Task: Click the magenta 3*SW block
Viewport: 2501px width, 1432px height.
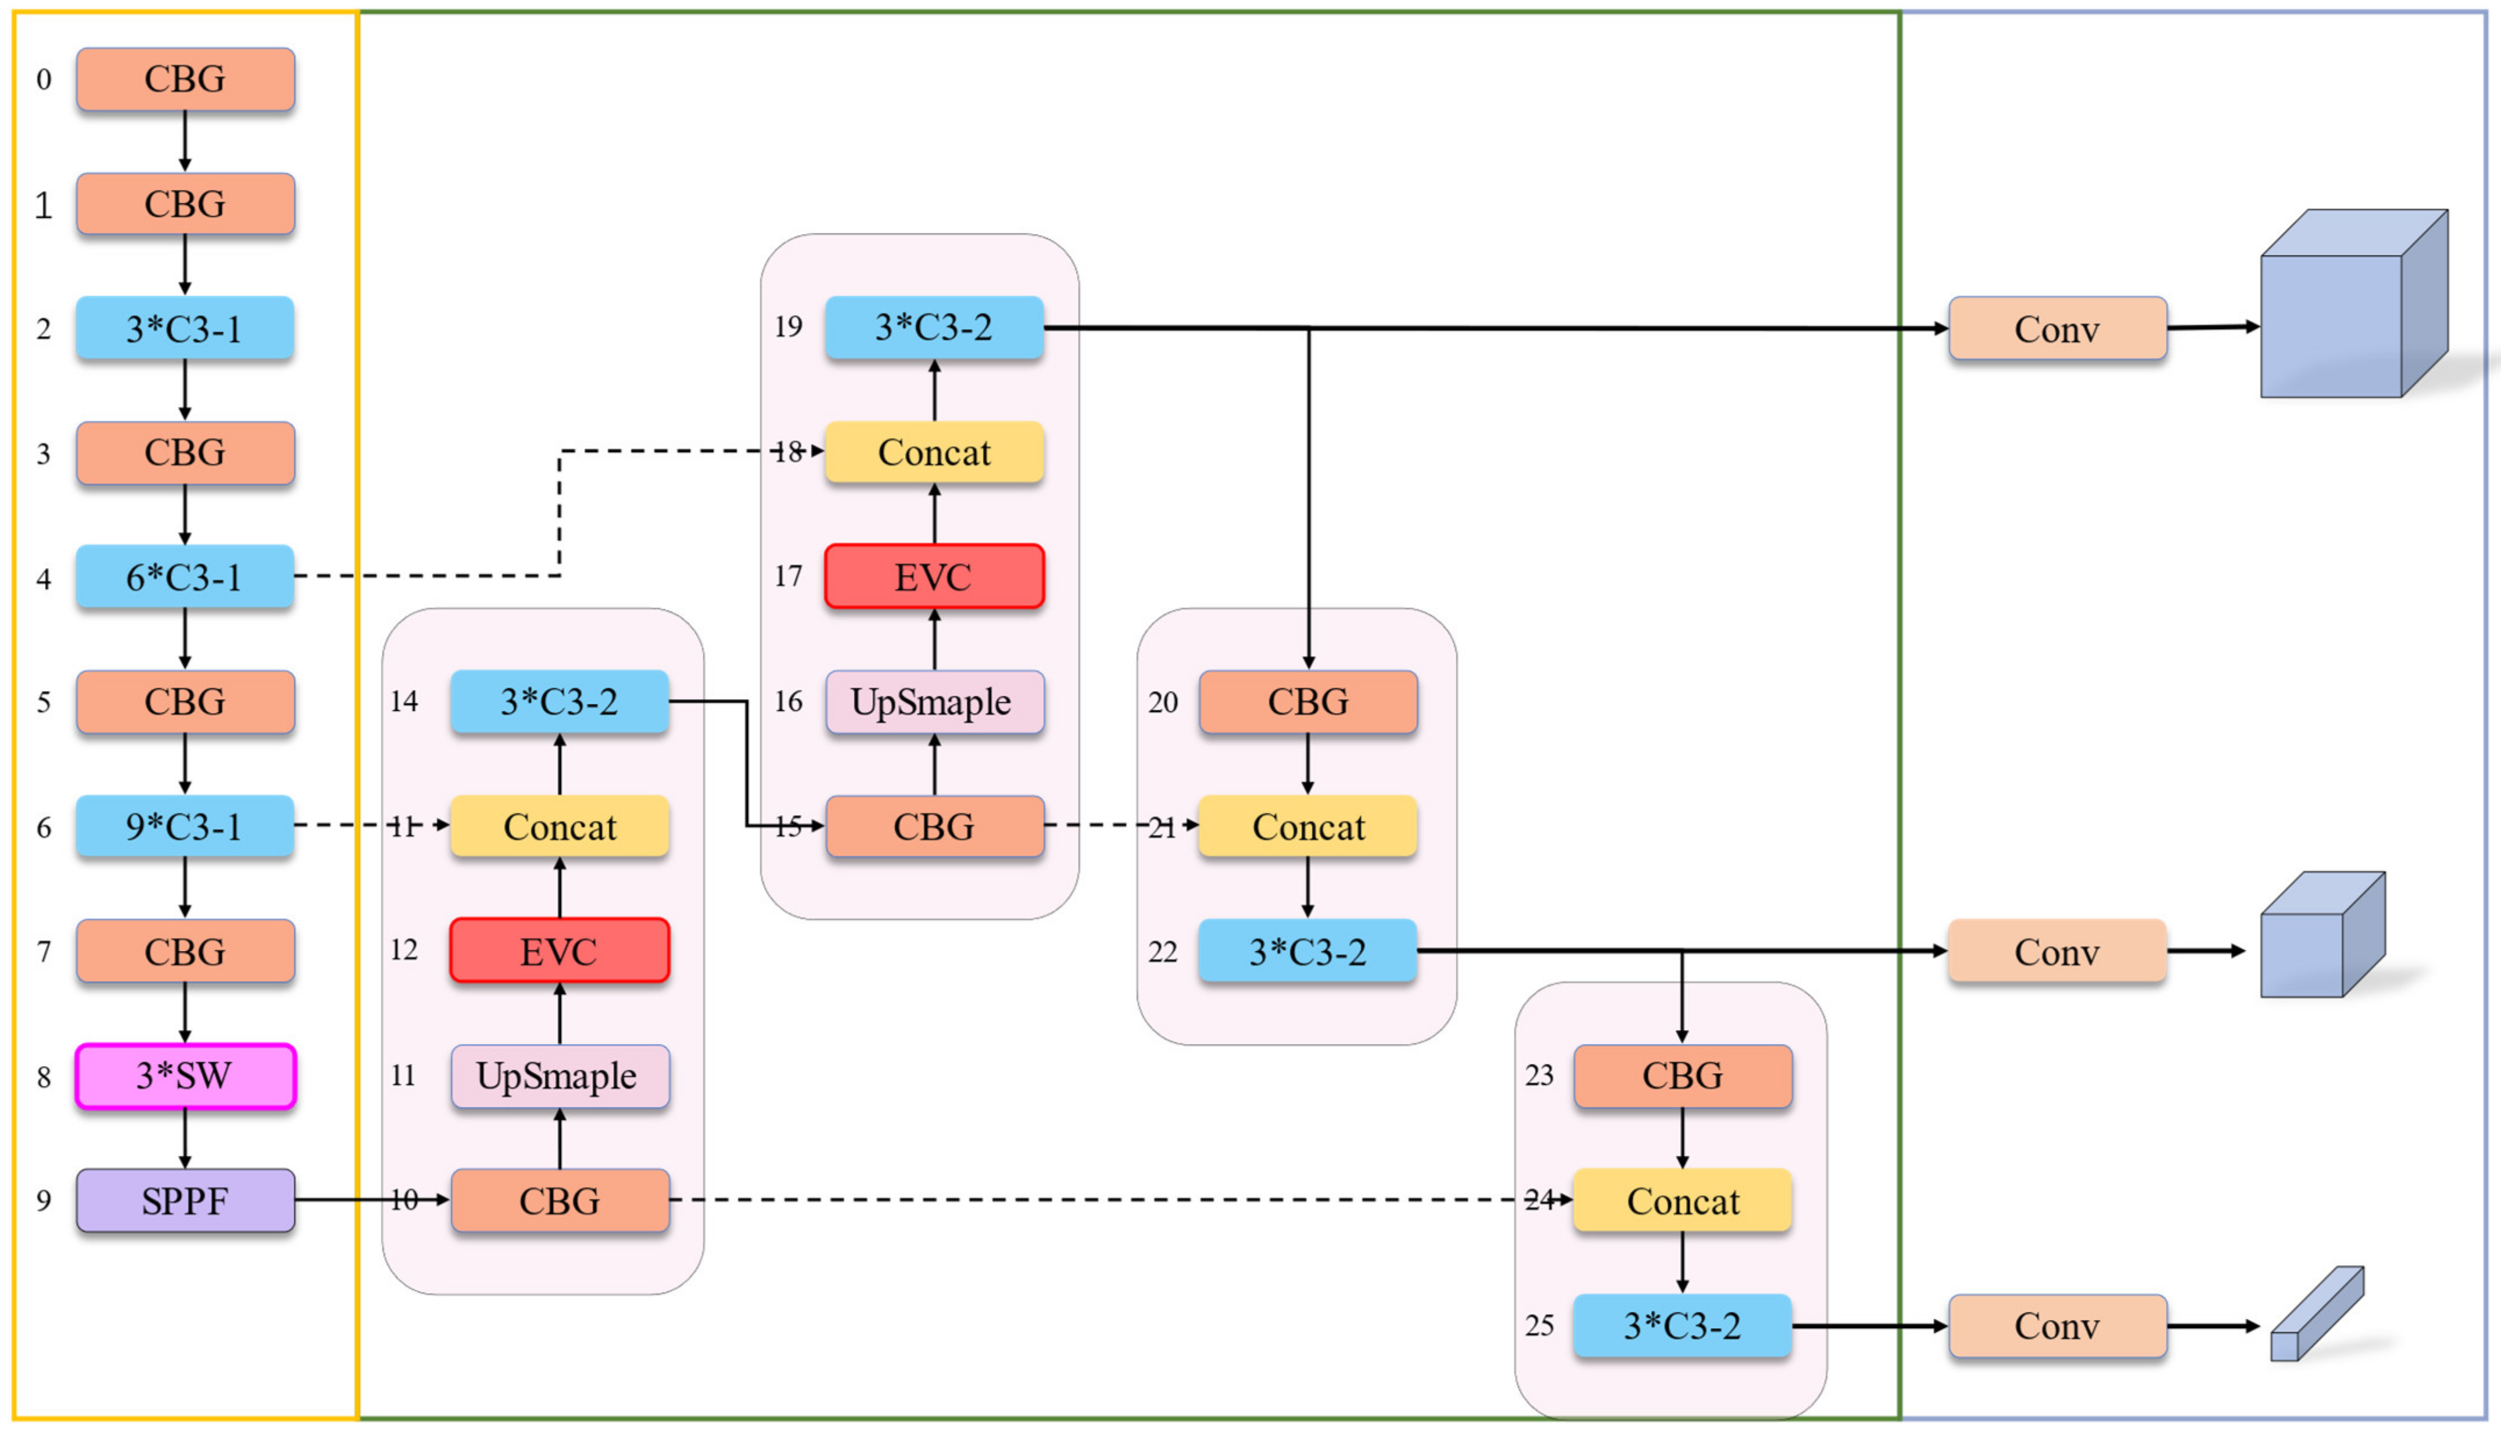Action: pyautogui.click(x=185, y=1076)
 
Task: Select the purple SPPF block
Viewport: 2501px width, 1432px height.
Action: pyautogui.click(x=185, y=1200)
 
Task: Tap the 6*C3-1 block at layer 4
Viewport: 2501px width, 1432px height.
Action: pyautogui.click(x=185, y=576)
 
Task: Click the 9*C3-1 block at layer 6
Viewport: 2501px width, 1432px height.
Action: pyautogui.click(x=185, y=826)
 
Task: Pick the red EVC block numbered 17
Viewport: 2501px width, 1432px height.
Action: pyautogui.click(x=934, y=576)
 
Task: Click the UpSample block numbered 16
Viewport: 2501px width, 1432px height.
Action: pyautogui.click(x=934, y=701)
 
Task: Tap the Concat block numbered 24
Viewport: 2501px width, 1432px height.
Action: pyautogui.click(x=1682, y=1200)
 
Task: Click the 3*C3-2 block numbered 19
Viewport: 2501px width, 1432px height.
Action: pyautogui.click(x=934, y=328)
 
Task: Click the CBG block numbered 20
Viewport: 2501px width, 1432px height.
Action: pyautogui.click(x=1307, y=701)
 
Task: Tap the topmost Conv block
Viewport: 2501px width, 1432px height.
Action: pyautogui.click(x=2057, y=329)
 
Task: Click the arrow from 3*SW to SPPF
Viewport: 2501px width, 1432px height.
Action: pyautogui.click(x=185, y=1138)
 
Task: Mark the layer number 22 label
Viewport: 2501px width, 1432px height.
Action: pyautogui.click(x=1162, y=952)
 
